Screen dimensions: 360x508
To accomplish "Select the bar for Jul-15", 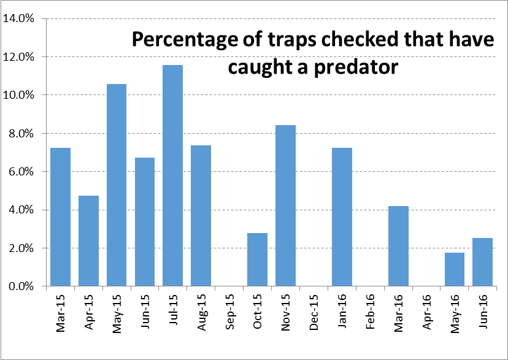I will coord(172,175).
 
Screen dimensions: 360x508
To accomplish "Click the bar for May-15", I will coord(117,185).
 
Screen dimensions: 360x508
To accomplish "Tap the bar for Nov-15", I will coord(285,205).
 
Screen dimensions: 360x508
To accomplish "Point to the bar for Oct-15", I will coord(258,259).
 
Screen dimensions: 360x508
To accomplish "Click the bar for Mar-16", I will coord(398,246).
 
